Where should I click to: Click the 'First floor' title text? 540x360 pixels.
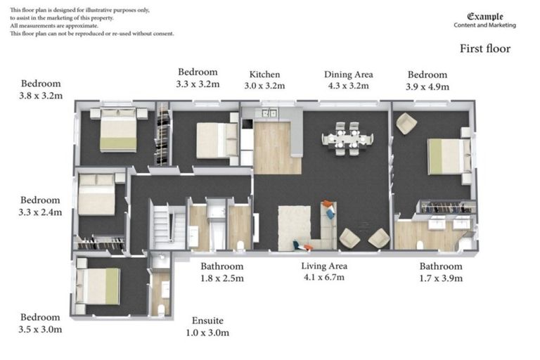coord(484,49)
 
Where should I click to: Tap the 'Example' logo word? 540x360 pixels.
coord(484,16)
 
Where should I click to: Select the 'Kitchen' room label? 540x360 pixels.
coord(265,75)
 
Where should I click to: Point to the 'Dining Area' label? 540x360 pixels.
coord(348,75)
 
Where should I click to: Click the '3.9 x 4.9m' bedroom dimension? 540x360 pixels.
coord(427,86)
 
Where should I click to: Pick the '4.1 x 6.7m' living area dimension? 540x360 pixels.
coord(323,278)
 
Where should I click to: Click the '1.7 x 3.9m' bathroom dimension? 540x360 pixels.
coord(441,278)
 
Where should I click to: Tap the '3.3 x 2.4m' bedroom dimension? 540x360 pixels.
coord(41,212)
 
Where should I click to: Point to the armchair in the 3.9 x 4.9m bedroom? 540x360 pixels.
coord(406,124)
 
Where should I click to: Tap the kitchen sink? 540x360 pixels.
coord(269,112)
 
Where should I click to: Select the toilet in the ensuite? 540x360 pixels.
coord(162,308)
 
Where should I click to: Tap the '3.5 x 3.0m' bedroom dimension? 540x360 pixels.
coord(41,329)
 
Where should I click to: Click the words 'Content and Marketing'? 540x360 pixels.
coord(484,25)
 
